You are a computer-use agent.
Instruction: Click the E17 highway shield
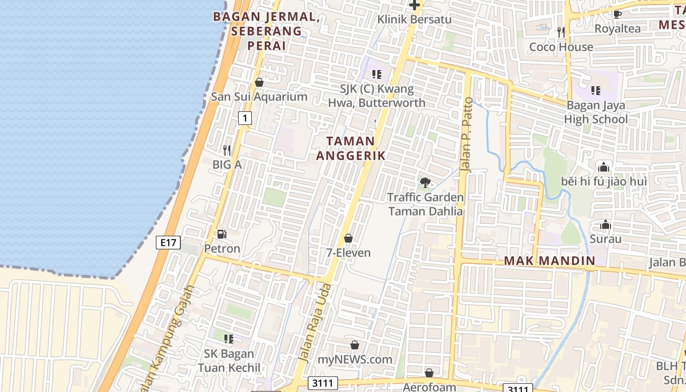[169, 243]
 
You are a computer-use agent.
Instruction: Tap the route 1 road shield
[245, 118]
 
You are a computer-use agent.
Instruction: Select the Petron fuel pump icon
[222, 234]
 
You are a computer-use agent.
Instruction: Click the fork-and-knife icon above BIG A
[226, 150]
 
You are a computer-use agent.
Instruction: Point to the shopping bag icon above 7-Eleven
[348, 238]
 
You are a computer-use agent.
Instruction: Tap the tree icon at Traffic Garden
[425, 183]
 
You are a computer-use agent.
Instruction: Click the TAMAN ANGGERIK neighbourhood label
[350, 148]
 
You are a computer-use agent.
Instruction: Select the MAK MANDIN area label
[549, 260]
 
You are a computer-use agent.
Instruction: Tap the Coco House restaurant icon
[561, 32]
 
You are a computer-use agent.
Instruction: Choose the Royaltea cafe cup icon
[617, 14]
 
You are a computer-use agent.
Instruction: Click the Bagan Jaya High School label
[596, 112]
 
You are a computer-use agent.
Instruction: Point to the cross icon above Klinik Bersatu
[415, 5]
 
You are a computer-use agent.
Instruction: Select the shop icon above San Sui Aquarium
[259, 82]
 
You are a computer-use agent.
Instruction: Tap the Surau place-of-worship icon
[606, 225]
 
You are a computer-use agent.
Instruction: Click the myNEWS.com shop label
[355, 359]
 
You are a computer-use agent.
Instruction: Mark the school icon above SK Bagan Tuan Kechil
[228, 339]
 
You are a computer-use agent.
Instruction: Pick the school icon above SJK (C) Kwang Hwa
[376, 74]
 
